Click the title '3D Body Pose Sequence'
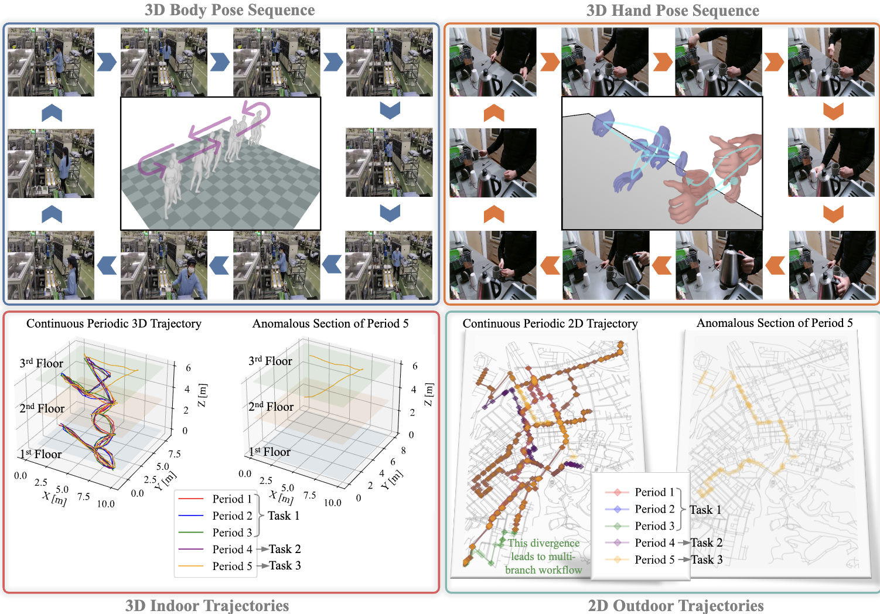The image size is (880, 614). [230, 10]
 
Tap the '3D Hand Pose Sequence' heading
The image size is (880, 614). [673, 11]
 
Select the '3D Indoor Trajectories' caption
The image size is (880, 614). [207, 605]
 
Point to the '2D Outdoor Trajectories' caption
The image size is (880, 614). [676, 605]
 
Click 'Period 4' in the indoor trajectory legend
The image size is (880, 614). [232, 550]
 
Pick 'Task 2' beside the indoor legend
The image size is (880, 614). [285, 549]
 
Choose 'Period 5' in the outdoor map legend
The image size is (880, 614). [654, 560]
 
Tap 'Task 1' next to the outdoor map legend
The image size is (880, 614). [705, 510]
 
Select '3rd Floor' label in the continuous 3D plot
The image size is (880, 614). [41, 363]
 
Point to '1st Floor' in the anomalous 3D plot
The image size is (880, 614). [270, 452]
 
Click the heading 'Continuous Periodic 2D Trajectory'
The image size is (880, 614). [550, 323]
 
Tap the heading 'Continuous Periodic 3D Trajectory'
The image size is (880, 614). [114, 323]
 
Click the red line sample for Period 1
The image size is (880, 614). [190, 499]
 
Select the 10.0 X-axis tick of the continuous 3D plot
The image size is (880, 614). [105, 504]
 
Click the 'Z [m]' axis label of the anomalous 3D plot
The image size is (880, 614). [429, 394]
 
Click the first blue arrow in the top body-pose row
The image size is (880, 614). [107, 62]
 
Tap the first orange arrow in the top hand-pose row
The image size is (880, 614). [549, 62]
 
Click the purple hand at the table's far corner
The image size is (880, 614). [603, 124]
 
